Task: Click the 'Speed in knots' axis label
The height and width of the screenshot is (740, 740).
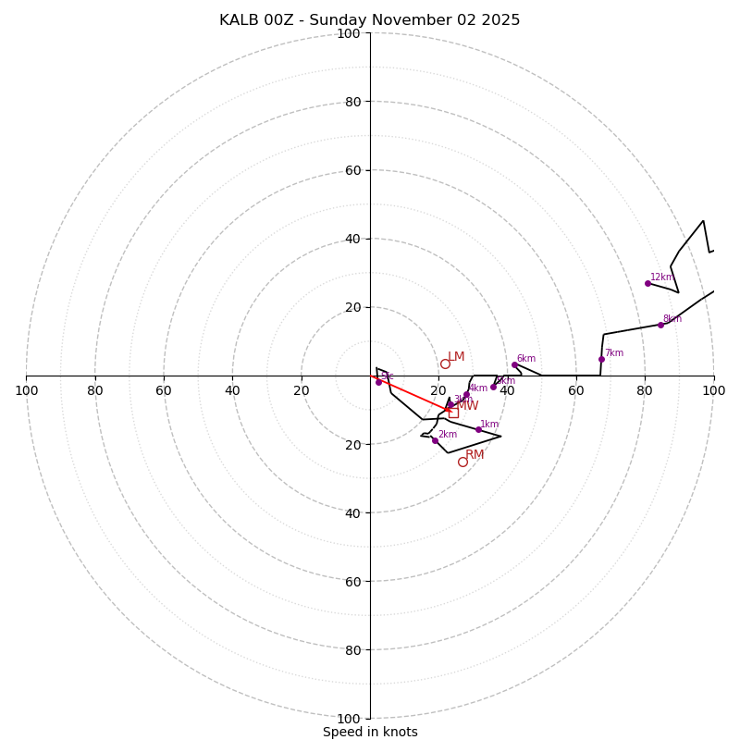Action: pyautogui.click(x=370, y=732)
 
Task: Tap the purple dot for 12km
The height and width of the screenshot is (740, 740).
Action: pyautogui.click(x=647, y=283)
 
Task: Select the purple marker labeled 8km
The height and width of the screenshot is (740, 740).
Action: pyautogui.click(x=660, y=325)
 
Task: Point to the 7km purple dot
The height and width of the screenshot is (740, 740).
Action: pyautogui.click(x=601, y=359)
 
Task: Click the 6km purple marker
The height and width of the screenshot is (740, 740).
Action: pyautogui.click(x=514, y=364)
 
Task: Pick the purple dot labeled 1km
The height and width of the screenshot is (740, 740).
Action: pyautogui.click(x=478, y=429)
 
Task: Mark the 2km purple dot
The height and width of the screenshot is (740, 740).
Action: pyautogui.click(x=435, y=440)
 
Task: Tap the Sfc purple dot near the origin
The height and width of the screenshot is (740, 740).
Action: pyautogui.click(x=378, y=382)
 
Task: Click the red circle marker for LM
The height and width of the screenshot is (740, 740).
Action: pyautogui.click(x=445, y=364)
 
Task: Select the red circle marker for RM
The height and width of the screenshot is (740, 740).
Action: pyautogui.click(x=462, y=462)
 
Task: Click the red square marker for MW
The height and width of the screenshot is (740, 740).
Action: pyautogui.click(x=453, y=413)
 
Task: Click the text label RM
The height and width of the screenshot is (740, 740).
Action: pyautogui.click(x=475, y=454)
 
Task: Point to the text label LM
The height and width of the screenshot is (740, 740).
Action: pyautogui.click(x=456, y=357)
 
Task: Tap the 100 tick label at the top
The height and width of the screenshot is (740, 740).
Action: pyautogui.click(x=349, y=33)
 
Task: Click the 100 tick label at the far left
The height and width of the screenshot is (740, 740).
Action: pyautogui.click(x=26, y=391)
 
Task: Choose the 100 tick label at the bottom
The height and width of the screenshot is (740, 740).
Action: pyautogui.click(x=349, y=719)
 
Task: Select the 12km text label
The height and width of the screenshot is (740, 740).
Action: pyautogui.click(x=661, y=277)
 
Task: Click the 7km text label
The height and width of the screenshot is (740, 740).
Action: pyautogui.click(x=613, y=352)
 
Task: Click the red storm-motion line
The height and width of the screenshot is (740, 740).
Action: pyautogui.click(x=407, y=392)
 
